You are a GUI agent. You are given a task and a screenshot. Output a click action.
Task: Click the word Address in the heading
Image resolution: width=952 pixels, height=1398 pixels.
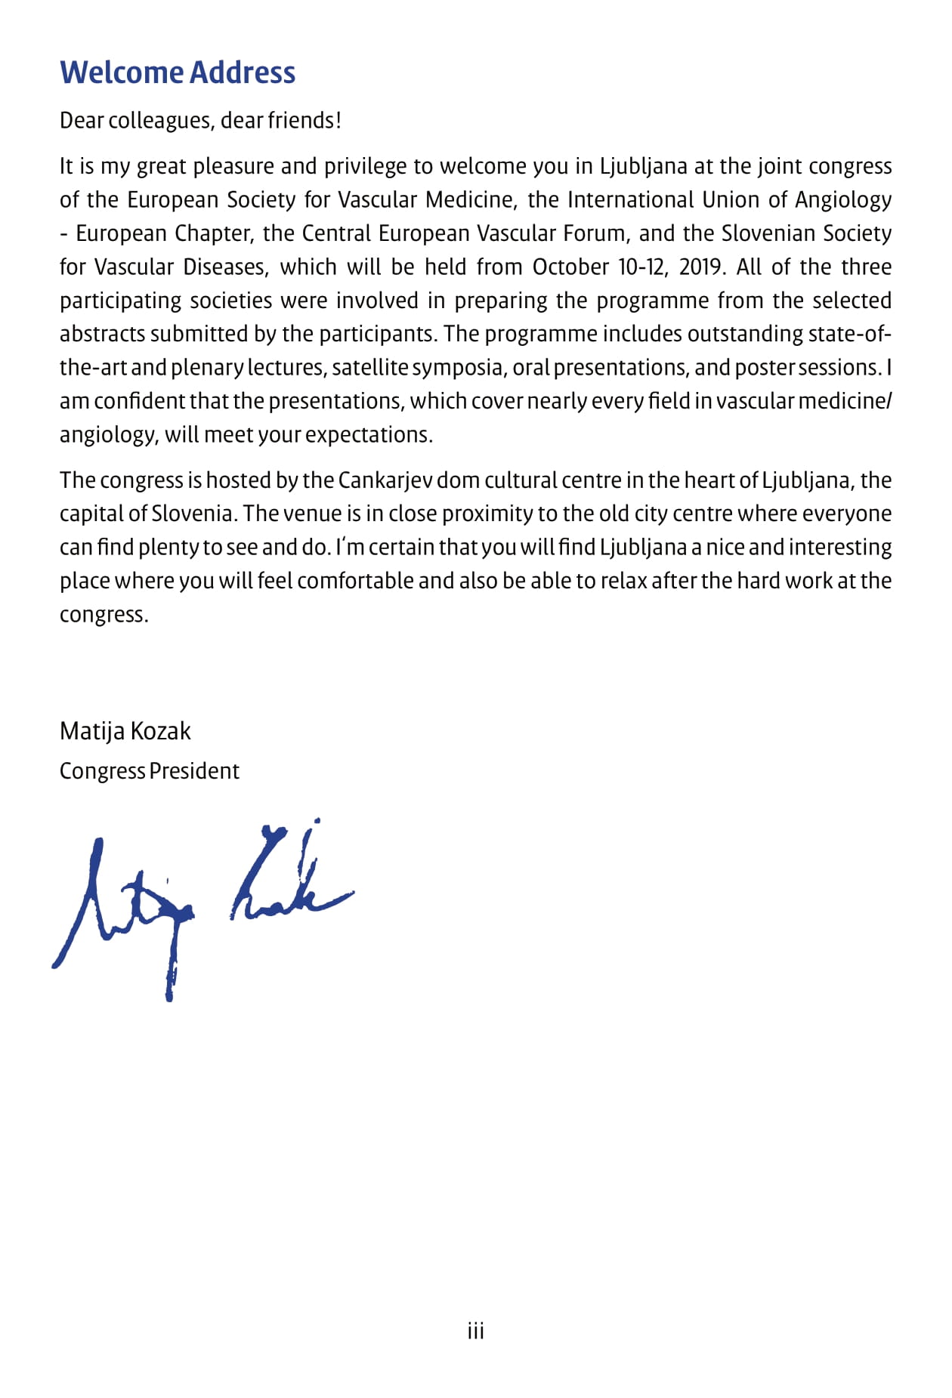pos(242,73)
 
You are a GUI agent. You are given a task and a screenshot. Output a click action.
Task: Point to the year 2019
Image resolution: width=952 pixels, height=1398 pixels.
pos(700,267)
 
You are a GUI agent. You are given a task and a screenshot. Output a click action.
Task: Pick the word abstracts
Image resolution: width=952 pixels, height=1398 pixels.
pos(102,334)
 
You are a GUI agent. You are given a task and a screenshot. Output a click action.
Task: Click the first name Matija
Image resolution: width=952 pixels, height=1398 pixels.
pos(92,731)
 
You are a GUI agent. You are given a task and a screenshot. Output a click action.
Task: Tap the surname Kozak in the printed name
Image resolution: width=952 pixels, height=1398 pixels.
pos(160,731)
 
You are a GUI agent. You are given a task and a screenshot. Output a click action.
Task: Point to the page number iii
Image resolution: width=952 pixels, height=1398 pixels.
pos(476,1331)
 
